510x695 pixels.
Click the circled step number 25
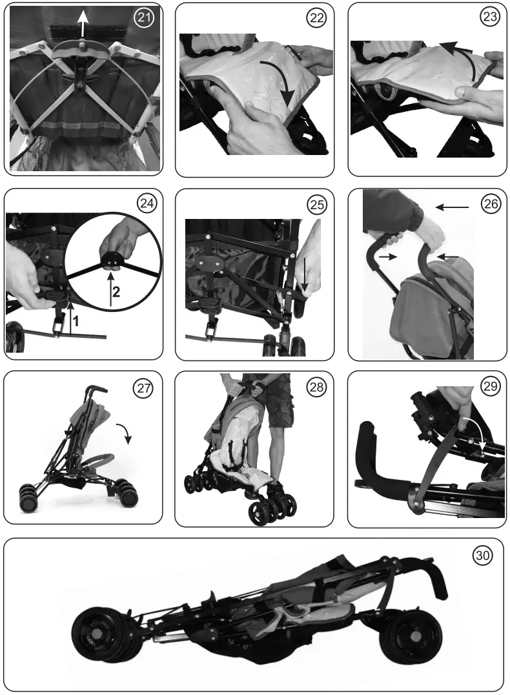tap(316, 205)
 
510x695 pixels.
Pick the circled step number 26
tap(490, 204)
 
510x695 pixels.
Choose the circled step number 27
tap(142, 388)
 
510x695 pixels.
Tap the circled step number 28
tap(316, 388)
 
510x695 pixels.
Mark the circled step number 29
tap(490, 388)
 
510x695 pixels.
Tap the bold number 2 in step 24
tap(117, 291)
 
